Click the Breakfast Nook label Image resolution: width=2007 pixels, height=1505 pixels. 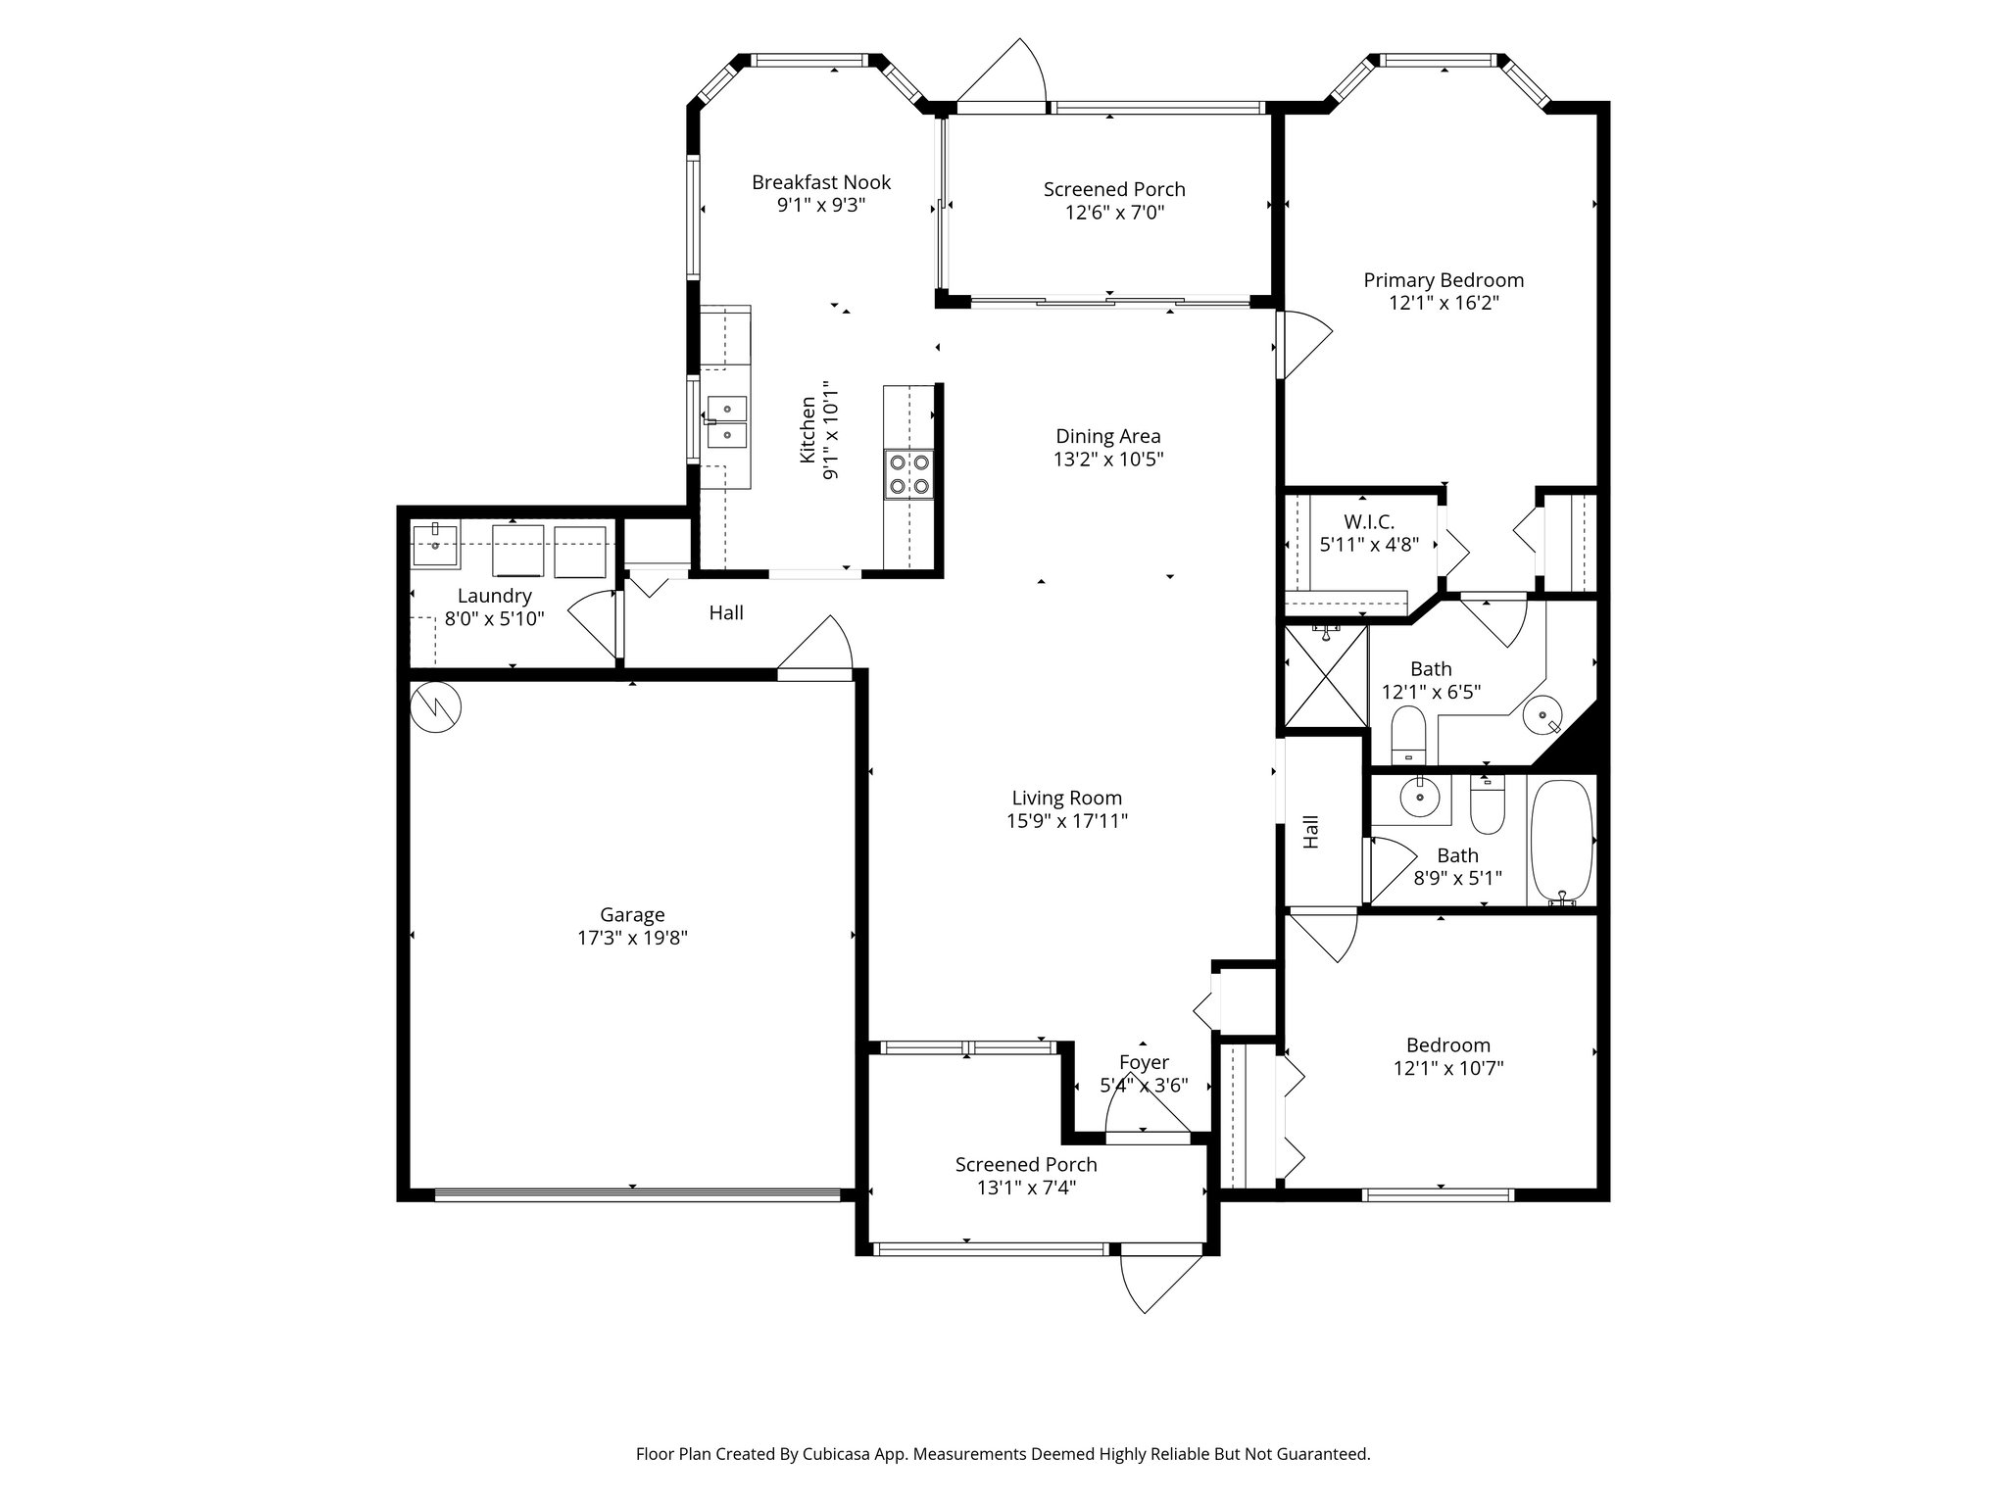(x=821, y=182)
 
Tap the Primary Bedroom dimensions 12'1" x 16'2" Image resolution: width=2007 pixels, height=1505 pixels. (x=1444, y=303)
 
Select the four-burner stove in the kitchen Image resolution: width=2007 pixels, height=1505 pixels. (x=908, y=474)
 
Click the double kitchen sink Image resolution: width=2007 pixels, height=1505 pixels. (x=726, y=421)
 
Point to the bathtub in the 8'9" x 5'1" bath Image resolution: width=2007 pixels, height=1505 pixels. (x=1562, y=841)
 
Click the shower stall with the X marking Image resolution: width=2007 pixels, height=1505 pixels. (x=1325, y=676)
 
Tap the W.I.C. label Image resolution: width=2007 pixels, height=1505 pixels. (x=1369, y=522)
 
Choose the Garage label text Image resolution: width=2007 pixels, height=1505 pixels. (x=632, y=915)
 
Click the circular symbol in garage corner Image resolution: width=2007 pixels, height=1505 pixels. (x=435, y=706)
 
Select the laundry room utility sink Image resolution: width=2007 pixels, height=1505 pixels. (x=435, y=545)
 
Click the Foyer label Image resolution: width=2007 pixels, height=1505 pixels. (x=1144, y=1063)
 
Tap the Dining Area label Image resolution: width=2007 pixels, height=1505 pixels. (x=1107, y=437)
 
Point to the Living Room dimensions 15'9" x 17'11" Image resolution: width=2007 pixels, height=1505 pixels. (x=1067, y=821)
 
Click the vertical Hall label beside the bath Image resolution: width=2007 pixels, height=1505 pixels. (x=1311, y=832)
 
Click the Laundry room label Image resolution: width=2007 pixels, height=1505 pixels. (x=494, y=596)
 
